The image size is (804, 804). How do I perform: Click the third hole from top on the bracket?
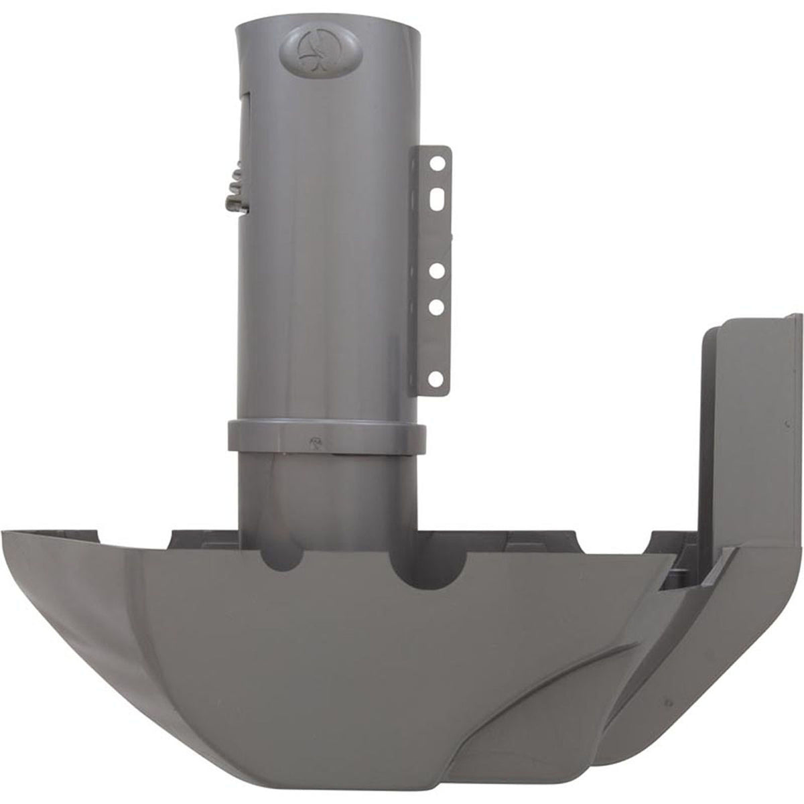[436, 271]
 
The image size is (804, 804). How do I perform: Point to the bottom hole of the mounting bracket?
[436, 380]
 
